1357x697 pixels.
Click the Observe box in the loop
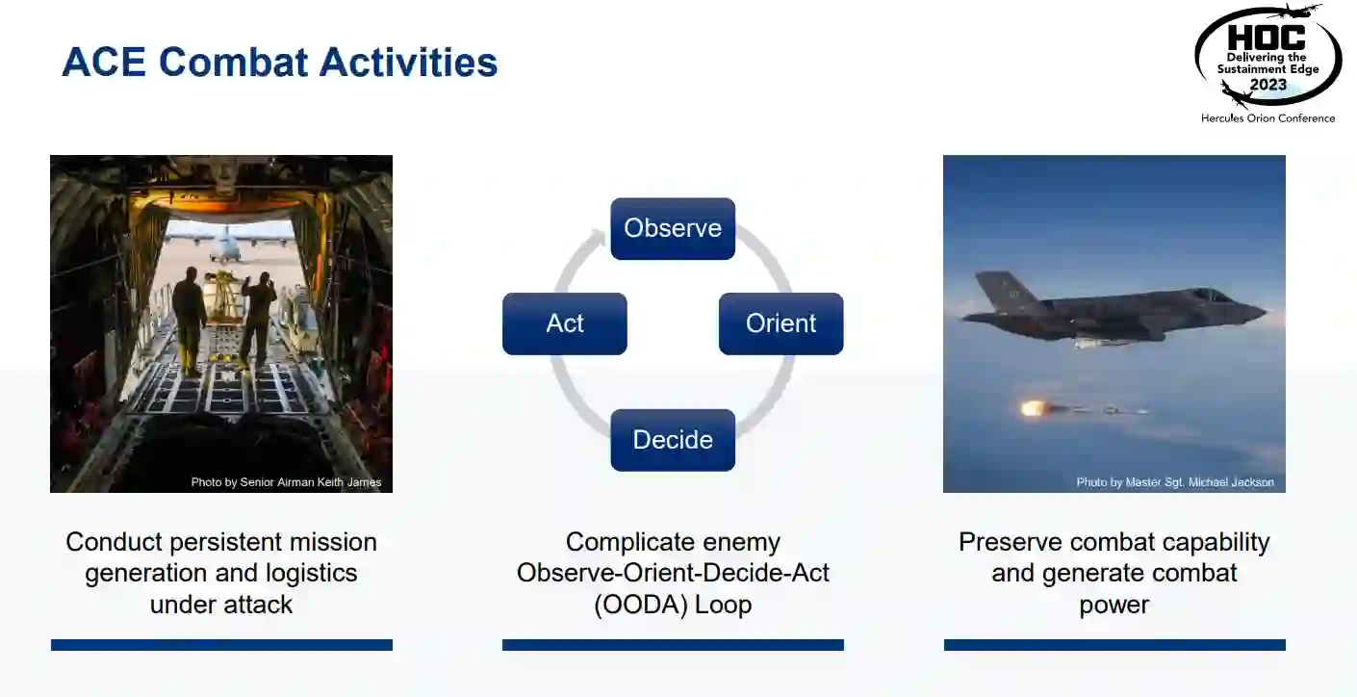tap(673, 228)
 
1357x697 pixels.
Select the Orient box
tap(781, 323)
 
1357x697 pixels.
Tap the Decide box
tap(673, 440)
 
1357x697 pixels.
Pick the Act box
tap(565, 323)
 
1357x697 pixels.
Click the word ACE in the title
tap(104, 62)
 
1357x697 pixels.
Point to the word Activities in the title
tap(408, 62)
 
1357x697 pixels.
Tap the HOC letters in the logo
tap(1266, 38)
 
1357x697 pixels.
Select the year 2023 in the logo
tap(1267, 85)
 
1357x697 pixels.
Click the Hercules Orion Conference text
tap(1267, 118)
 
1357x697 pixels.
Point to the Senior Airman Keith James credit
tap(286, 482)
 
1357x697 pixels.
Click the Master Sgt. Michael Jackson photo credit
tap(1175, 482)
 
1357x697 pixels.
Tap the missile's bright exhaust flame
tap(1032, 408)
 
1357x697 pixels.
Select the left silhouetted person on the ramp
tap(189, 320)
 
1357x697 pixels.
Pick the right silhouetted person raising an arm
tap(258, 319)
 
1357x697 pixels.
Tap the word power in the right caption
tap(1114, 605)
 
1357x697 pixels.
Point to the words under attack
tap(221, 605)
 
